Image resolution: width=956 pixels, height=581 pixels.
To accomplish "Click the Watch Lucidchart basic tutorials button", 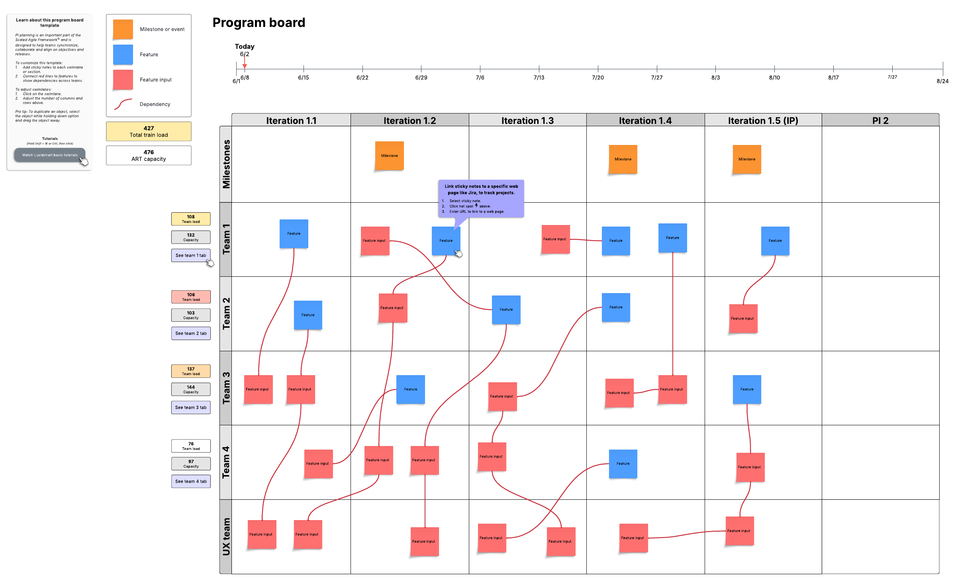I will (x=49, y=155).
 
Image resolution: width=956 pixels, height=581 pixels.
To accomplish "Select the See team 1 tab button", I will (x=191, y=255).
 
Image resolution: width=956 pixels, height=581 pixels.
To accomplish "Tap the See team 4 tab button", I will (x=191, y=481).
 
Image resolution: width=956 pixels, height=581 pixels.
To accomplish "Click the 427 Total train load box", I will (x=149, y=131).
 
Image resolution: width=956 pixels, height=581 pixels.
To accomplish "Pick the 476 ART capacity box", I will (x=149, y=155).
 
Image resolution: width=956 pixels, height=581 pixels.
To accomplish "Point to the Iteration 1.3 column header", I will (x=527, y=120).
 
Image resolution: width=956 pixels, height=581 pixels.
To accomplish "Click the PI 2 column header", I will (x=880, y=120).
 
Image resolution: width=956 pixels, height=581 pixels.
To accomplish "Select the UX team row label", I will (x=226, y=536).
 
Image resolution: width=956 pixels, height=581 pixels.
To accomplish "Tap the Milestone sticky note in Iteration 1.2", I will (x=389, y=156).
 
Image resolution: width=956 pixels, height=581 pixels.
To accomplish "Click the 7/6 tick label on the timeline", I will (x=480, y=78).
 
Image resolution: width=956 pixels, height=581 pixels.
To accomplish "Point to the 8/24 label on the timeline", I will (x=942, y=81).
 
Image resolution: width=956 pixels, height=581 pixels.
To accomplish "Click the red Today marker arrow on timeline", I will (x=245, y=66).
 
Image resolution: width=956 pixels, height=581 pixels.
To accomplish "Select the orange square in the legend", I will (x=123, y=29).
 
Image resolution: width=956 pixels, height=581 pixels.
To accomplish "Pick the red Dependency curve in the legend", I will (x=123, y=104).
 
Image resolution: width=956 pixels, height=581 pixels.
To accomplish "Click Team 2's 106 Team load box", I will (x=191, y=297).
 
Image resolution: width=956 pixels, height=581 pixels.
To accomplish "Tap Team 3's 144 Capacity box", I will (x=191, y=389).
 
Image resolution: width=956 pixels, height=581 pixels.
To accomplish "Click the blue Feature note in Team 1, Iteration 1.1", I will (x=294, y=234).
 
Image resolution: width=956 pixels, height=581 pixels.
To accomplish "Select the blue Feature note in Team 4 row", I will (x=623, y=464).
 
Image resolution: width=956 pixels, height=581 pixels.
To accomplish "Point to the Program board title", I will (x=259, y=23).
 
